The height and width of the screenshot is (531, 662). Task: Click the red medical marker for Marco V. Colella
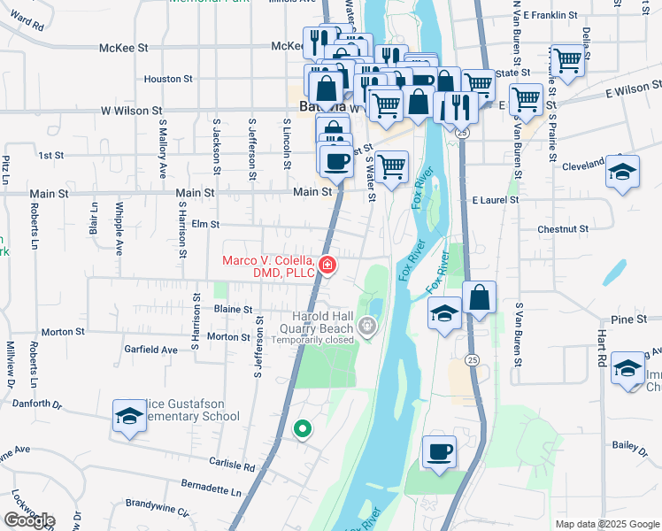pos(327,265)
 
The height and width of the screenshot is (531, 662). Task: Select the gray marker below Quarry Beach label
pos(368,329)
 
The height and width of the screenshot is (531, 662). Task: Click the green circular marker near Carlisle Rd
pos(303,429)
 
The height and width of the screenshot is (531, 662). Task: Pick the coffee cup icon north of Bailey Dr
pos(439,453)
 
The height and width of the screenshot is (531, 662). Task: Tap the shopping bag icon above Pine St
pos(479,299)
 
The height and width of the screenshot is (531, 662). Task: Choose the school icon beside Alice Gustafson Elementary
pos(129,417)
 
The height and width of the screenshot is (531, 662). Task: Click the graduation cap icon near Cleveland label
pos(623,171)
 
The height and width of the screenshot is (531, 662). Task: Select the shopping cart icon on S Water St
pos(391,165)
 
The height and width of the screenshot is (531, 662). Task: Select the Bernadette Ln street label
pos(211,489)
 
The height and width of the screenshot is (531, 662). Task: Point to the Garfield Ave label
pos(151,350)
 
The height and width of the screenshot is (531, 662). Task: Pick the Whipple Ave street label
pos(119,229)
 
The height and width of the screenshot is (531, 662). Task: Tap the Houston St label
pos(163,79)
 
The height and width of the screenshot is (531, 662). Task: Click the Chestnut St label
pos(563,229)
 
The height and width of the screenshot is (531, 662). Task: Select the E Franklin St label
pos(550,15)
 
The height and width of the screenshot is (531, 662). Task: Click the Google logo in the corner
pos(29,519)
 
